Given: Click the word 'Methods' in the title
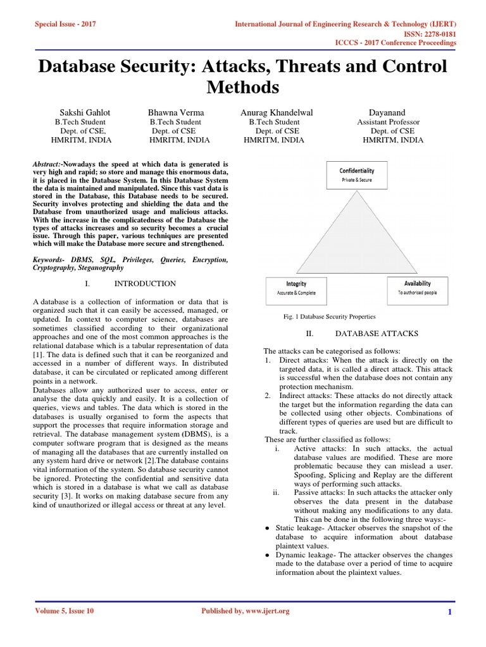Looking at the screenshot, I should (242, 87).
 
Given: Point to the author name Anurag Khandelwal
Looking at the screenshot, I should (277, 112).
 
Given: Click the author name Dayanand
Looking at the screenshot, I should (389, 112).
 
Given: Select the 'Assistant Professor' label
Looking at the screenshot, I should (388, 122).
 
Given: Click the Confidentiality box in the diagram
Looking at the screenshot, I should (356, 174).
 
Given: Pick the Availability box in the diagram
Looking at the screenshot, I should (417, 287).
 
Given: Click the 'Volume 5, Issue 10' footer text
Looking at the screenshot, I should (64, 611).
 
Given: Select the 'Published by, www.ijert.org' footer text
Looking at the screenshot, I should (245, 611).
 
